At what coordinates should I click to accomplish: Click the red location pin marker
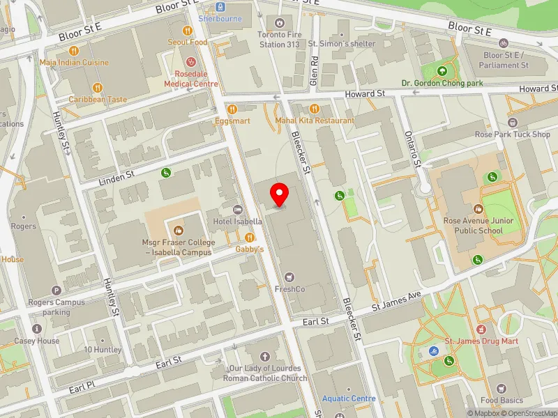(280, 194)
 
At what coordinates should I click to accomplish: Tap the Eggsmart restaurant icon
(232, 109)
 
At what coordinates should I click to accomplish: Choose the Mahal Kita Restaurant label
(314, 121)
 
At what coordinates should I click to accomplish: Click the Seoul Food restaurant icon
(187, 31)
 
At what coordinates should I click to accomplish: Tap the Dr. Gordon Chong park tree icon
(442, 70)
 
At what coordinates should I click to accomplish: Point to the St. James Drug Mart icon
(481, 329)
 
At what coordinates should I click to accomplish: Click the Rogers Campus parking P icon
(56, 291)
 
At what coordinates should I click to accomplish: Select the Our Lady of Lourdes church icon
(264, 356)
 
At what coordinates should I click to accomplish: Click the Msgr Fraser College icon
(178, 229)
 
